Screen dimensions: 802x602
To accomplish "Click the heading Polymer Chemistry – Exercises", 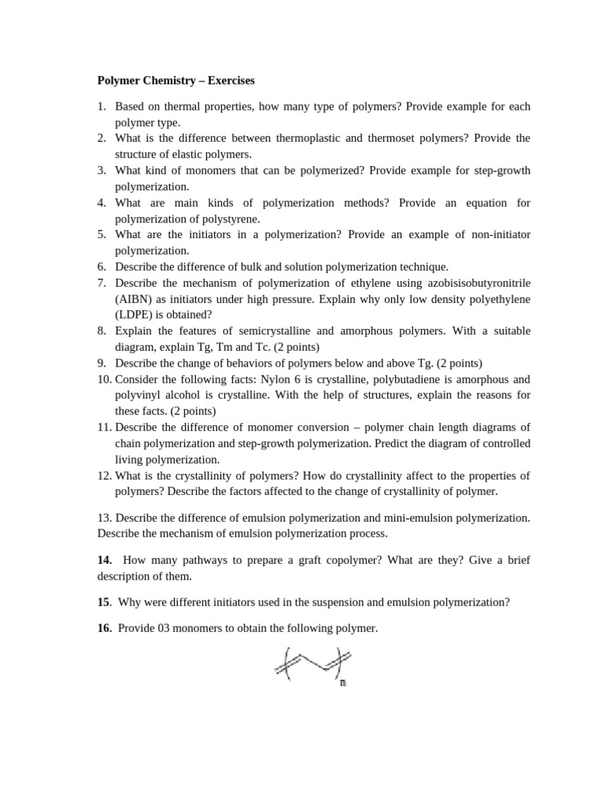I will coord(176,81).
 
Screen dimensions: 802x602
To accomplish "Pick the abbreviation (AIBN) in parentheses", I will coord(135,299).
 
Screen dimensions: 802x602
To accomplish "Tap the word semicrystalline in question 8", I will coord(267,331).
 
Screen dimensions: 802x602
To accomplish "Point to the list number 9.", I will coord(103,363).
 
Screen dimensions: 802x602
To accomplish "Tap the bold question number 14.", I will coord(105,560).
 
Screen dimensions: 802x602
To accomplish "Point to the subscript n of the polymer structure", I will coord(343,683).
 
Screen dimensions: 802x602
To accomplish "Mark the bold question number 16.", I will coord(105,628).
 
